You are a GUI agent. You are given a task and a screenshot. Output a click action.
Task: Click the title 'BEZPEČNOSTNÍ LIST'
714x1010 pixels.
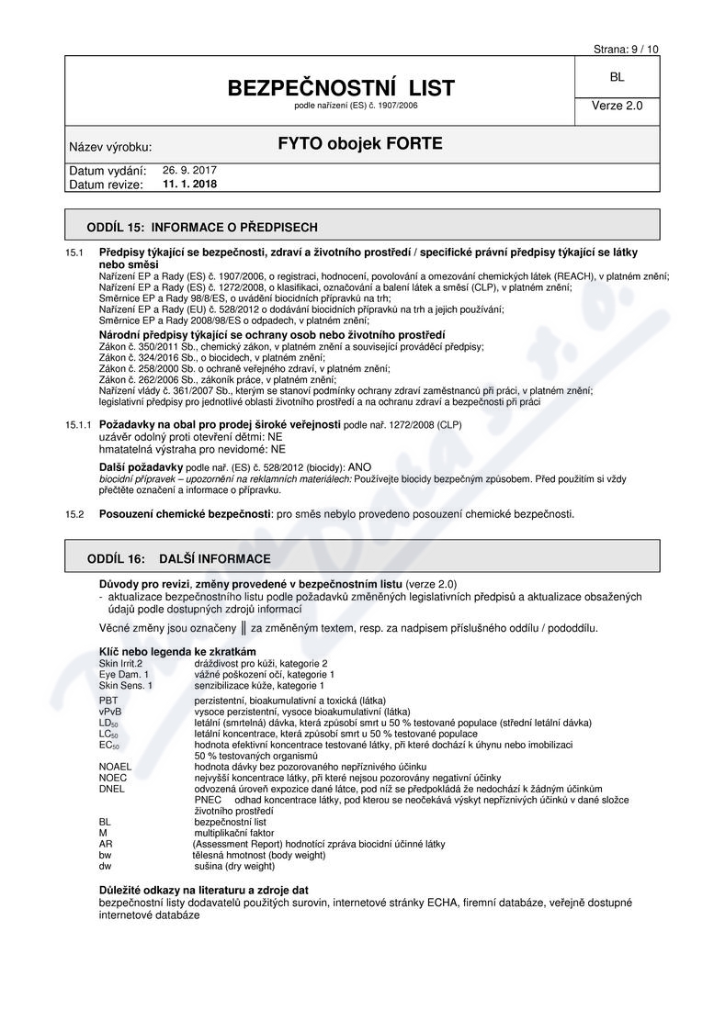342,88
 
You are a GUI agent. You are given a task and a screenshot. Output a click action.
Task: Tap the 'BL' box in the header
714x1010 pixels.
617,79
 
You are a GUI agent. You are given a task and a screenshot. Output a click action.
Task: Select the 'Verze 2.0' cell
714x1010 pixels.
617,106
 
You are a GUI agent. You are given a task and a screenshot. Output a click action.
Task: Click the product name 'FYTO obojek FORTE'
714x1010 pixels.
360,143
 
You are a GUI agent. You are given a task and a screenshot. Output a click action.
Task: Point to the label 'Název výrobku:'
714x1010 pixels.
110,147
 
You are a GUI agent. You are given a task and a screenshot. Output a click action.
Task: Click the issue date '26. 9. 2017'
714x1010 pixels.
189,170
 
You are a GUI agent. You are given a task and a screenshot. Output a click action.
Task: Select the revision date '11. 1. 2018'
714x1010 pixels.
189,184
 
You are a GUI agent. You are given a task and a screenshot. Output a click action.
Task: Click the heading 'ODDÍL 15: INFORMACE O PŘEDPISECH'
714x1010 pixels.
202,226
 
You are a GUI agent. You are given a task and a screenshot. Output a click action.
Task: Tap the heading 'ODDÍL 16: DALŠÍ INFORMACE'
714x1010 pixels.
178,558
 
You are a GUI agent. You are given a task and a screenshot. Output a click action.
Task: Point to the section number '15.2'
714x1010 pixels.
74,514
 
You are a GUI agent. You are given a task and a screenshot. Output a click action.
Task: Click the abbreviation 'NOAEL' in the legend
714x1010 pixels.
116,766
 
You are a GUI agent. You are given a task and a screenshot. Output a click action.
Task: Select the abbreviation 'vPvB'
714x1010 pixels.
110,712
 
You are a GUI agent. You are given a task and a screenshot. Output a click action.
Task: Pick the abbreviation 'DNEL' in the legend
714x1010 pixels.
112,788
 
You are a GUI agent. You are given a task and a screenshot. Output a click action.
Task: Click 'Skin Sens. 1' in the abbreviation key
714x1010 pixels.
126,685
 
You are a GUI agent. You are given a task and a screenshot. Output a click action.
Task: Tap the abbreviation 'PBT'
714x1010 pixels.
108,701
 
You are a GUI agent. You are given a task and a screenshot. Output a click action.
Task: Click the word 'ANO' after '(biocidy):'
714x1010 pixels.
361,467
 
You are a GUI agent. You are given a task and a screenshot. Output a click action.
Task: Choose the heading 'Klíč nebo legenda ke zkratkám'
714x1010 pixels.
177,651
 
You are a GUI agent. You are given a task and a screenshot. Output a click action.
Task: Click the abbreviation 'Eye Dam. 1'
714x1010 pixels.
124,674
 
